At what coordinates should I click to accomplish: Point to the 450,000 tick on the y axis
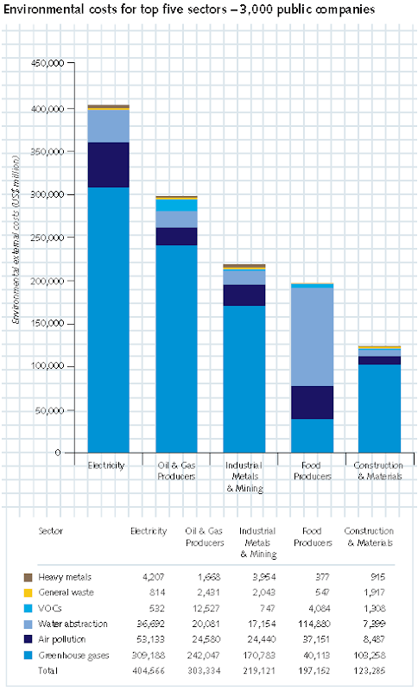(45, 64)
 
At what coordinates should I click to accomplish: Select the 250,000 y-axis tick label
(45, 238)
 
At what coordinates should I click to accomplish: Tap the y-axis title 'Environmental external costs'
(16, 258)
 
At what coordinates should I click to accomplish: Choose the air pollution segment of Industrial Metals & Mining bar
(244, 295)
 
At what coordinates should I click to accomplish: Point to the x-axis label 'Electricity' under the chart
(108, 466)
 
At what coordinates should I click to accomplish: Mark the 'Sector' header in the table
(51, 530)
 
